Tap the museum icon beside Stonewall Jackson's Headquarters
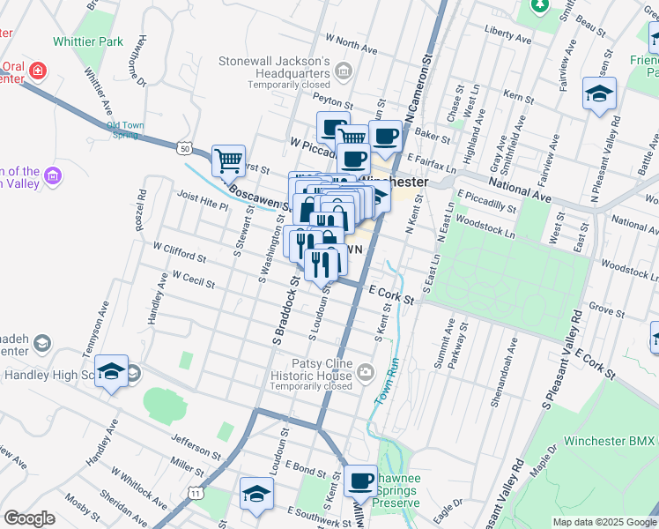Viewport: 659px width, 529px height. coord(344,71)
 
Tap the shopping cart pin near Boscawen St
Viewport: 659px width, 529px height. coord(228,160)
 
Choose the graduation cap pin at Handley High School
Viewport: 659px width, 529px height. coord(112,371)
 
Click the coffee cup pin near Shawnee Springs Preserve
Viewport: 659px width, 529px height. coord(360,481)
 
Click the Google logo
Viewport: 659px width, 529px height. coord(29,518)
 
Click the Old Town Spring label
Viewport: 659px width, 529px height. coord(125,130)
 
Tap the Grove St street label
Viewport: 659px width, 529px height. coord(607,309)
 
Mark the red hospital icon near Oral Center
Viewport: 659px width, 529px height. coord(37,71)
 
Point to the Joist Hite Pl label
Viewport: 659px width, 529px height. coord(203,199)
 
